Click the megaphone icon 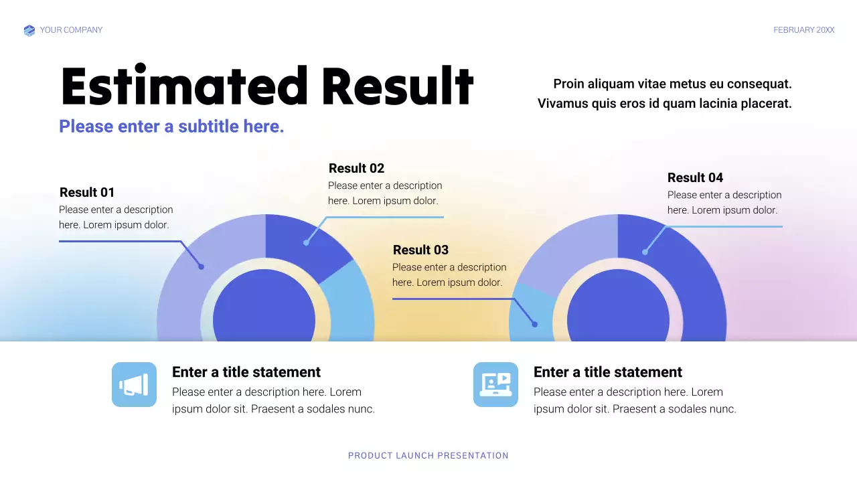tap(134, 384)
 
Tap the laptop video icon tap(495, 384)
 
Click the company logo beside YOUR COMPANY tap(29, 30)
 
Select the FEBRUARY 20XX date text tap(803, 30)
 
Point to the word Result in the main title tap(398, 87)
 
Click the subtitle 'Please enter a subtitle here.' tap(171, 127)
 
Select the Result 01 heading tap(87, 192)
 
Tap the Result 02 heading tap(356, 168)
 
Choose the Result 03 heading tap(420, 250)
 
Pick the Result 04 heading tap(695, 177)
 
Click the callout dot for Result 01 tap(201, 266)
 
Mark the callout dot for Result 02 tap(306, 242)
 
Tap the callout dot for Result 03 tap(534, 325)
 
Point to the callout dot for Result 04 tap(645, 252)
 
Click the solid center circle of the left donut tap(264, 315)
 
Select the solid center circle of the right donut tap(617, 315)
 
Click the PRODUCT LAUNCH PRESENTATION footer tap(428, 456)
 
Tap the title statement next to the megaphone tap(246, 372)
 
